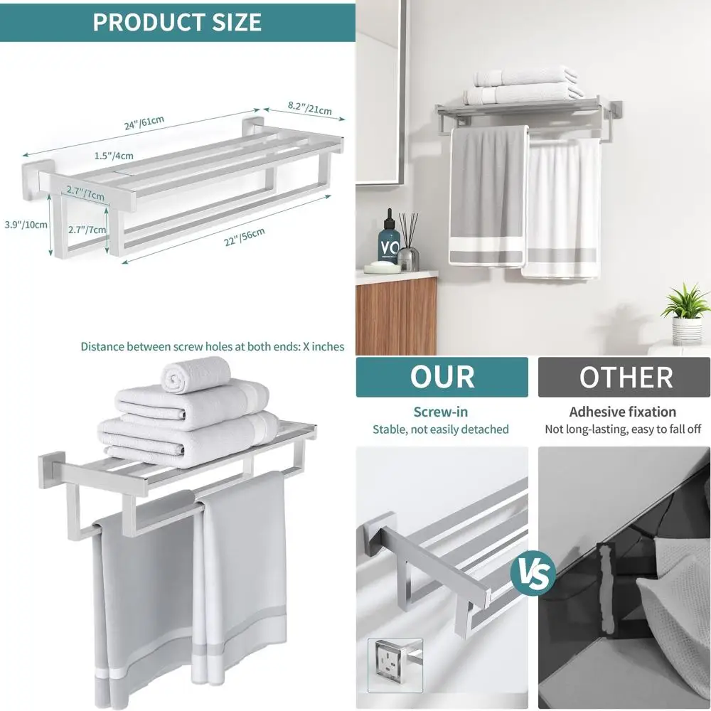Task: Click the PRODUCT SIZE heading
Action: coord(177,21)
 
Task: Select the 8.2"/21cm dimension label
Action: coord(309,108)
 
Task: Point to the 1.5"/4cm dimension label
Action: coord(113,156)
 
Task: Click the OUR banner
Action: coord(442,378)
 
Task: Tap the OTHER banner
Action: coord(624,378)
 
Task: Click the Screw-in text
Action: coord(441,412)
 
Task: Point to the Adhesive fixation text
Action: coord(623,412)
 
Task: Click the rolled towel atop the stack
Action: coord(197,375)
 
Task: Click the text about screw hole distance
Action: coord(212,347)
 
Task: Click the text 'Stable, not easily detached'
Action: coord(441,429)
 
